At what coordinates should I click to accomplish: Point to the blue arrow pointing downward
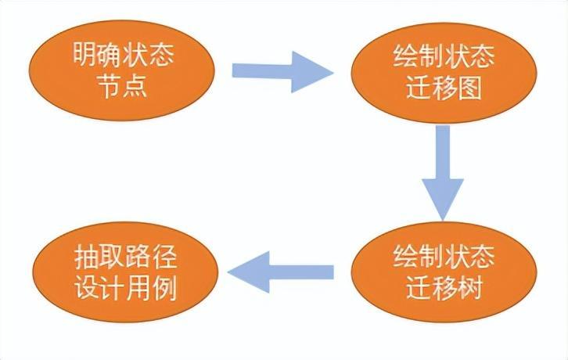(443, 172)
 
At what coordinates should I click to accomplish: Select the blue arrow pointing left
(280, 272)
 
